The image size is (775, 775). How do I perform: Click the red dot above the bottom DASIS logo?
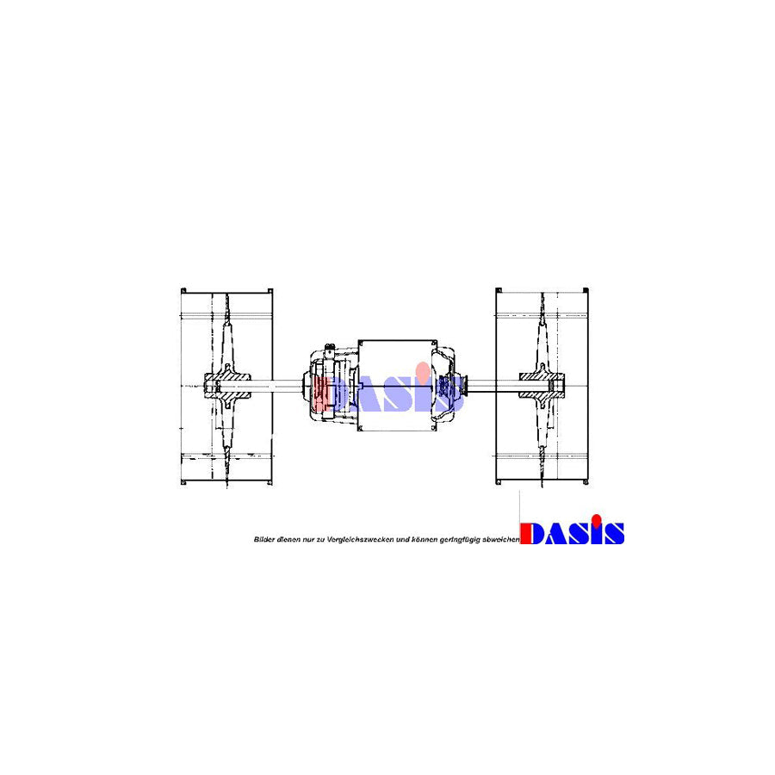pyautogui.click(x=597, y=519)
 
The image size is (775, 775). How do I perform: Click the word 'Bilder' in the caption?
pyautogui.click(x=264, y=539)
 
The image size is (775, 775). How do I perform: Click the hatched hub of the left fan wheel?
pyautogui.click(x=226, y=386)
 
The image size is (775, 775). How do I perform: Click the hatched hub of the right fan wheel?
pyautogui.click(x=542, y=385)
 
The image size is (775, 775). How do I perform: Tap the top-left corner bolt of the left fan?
pyautogui.click(x=183, y=291)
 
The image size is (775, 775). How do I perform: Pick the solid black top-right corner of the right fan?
pyautogui.click(x=586, y=290)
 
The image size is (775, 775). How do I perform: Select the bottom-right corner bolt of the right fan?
pyautogui.click(x=586, y=482)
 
